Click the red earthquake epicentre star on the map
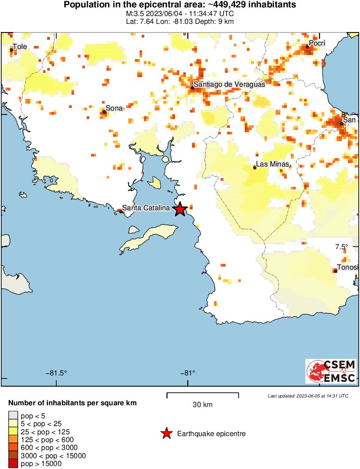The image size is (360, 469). [180, 209]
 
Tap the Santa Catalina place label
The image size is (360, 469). [146, 208]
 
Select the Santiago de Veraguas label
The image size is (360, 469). [229, 84]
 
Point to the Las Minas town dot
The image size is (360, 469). [255, 168]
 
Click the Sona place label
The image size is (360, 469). [114, 108]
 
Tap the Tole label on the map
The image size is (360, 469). [19, 46]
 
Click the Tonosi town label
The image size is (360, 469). [348, 267]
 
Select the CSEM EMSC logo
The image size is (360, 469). [331, 371]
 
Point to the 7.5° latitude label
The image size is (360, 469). [341, 247]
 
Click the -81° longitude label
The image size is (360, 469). [187, 373]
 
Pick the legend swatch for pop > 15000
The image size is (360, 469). [14, 464]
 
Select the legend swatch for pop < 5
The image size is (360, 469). [14, 416]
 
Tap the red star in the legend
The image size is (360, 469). [166, 433]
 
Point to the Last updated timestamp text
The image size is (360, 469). [308, 396]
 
